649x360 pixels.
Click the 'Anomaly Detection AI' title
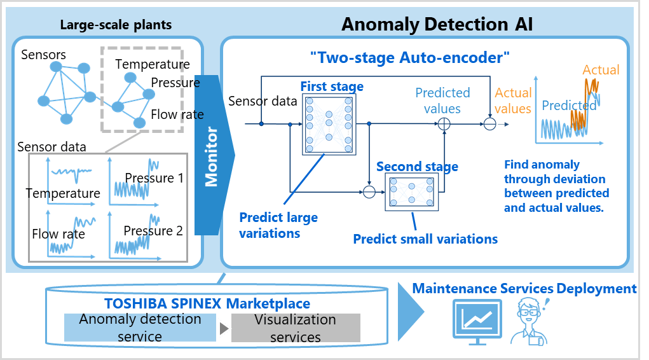437,24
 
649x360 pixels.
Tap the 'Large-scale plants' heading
116,25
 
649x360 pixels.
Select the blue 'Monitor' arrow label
211,156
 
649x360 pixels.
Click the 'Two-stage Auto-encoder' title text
410,58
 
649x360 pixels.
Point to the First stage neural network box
329,125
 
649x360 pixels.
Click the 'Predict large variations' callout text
278,225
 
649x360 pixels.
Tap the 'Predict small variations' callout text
425,239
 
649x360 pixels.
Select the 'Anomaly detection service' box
140,328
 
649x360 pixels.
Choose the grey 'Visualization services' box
296,328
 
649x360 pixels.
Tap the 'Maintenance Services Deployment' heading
524,289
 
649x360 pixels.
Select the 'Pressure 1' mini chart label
154,178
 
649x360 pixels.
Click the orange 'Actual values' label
513,100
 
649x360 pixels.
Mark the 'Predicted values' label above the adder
442,100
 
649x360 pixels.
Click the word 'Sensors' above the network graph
43,55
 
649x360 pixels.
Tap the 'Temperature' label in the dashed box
153,64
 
